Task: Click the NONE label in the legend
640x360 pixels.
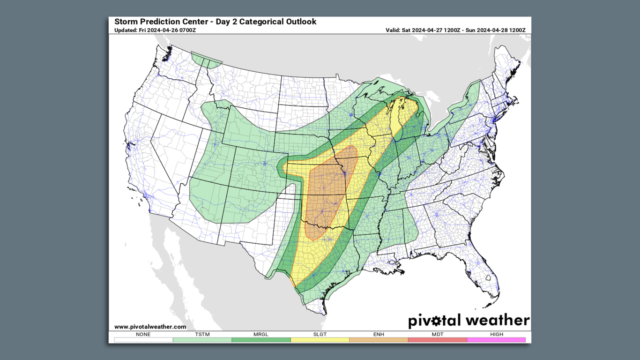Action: coord(143,334)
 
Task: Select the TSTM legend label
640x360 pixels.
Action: coord(202,334)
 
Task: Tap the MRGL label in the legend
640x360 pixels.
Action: coord(261,334)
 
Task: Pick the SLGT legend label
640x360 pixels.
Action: coord(320,334)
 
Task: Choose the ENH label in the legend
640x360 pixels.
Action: coord(379,334)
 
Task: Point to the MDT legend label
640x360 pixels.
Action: coord(438,334)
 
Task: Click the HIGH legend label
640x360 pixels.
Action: coord(497,334)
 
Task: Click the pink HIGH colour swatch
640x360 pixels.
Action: coord(497,340)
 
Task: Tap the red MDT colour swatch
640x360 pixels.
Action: coord(438,340)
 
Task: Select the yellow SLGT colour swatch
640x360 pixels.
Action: coord(320,340)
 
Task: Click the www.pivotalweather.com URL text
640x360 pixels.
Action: coord(150,327)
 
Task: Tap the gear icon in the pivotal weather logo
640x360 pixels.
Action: coord(437,321)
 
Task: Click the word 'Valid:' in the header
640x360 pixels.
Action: coord(393,30)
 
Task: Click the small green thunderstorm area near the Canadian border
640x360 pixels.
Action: coord(207,60)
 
